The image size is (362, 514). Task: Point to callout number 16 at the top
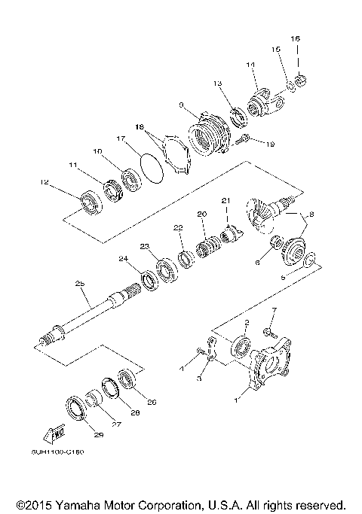(x=296, y=38)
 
